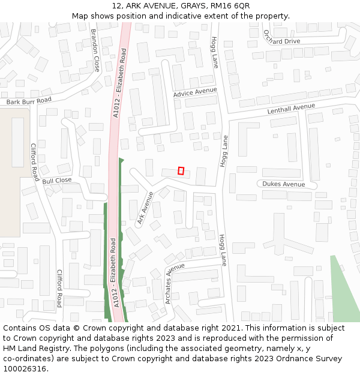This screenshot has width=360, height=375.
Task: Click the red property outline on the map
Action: click(181, 170)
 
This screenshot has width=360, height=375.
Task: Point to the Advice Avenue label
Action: click(195, 92)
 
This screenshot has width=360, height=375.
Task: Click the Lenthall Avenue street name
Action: click(291, 109)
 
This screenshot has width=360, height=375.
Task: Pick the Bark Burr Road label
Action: click(29, 101)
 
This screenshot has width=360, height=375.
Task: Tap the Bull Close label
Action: click(57, 180)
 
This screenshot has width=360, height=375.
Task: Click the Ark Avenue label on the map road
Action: click(145, 208)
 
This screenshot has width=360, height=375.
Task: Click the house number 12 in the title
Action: click(116, 6)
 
